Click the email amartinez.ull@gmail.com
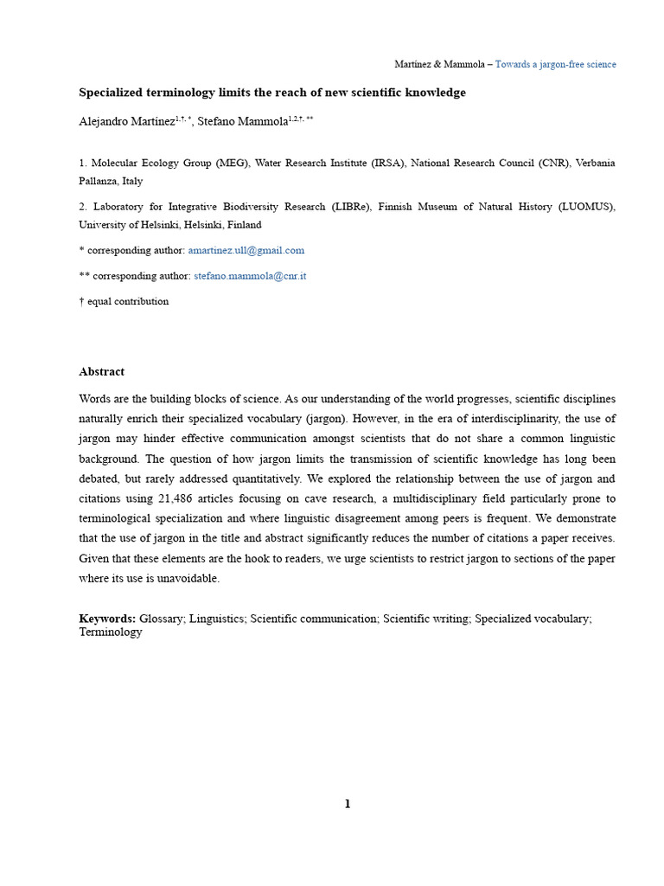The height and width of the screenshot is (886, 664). click(x=246, y=250)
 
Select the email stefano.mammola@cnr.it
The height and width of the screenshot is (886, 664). click(x=250, y=276)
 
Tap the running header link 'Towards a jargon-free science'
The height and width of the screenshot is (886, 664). click(x=555, y=65)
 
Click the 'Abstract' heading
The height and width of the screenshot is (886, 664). click(x=102, y=372)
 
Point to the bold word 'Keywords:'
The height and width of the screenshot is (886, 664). click(x=107, y=619)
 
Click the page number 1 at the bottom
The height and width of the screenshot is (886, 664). click(x=348, y=804)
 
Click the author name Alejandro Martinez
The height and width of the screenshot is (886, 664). click(x=126, y=122)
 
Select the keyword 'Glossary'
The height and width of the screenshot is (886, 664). click(x=162, y=619)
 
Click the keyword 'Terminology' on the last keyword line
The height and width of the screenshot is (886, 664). click(x=111, y=632)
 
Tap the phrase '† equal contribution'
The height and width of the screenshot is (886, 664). click(x=124, y=302)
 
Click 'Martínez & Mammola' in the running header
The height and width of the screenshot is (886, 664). click(x=439, y=65)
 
